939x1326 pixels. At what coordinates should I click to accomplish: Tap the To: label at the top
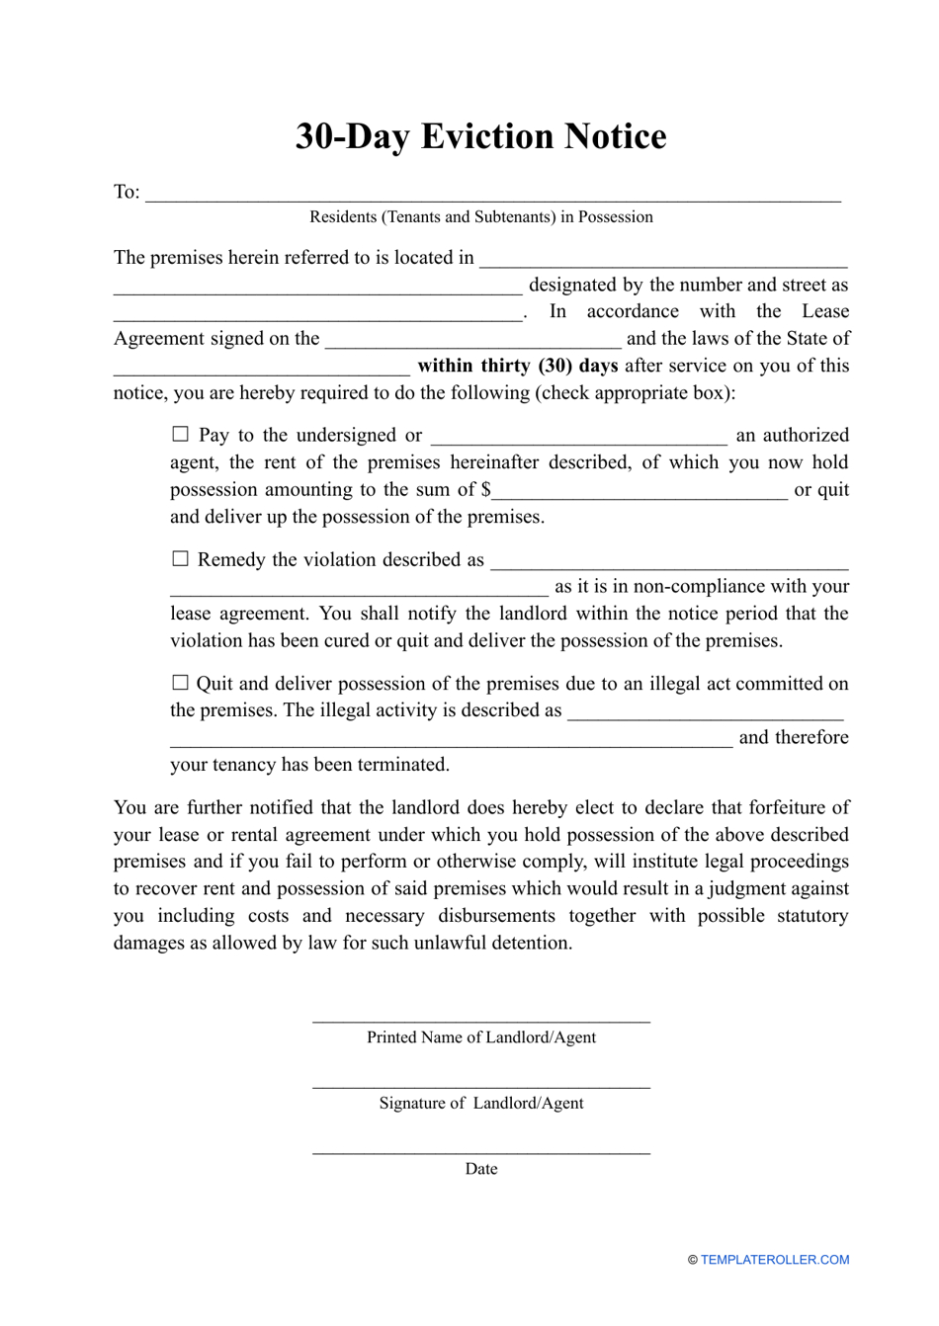(x=127, y=192)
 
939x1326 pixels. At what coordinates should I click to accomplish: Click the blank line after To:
(x=492, y=198)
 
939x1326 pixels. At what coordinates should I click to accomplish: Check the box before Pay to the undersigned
(x=180, y=434)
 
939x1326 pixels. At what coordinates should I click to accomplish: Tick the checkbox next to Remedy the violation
(x=180, y=558)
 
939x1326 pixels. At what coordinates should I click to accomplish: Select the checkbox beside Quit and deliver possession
(x=180, y=682)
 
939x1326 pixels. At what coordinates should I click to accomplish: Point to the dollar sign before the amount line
(x=485, y=490)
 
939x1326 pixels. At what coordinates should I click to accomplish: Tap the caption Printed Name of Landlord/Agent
(x=481, y=1037)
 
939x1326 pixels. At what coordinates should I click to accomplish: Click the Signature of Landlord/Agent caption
(x=481, y=1104)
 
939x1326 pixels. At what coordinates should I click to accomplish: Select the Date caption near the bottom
(x=481, y=1169)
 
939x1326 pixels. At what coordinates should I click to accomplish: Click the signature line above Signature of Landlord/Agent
(x=481, y=1086)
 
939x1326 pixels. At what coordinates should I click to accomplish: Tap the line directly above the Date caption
(x=481, y=1151)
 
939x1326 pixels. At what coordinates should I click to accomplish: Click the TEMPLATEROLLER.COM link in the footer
(x=775, y=1260)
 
